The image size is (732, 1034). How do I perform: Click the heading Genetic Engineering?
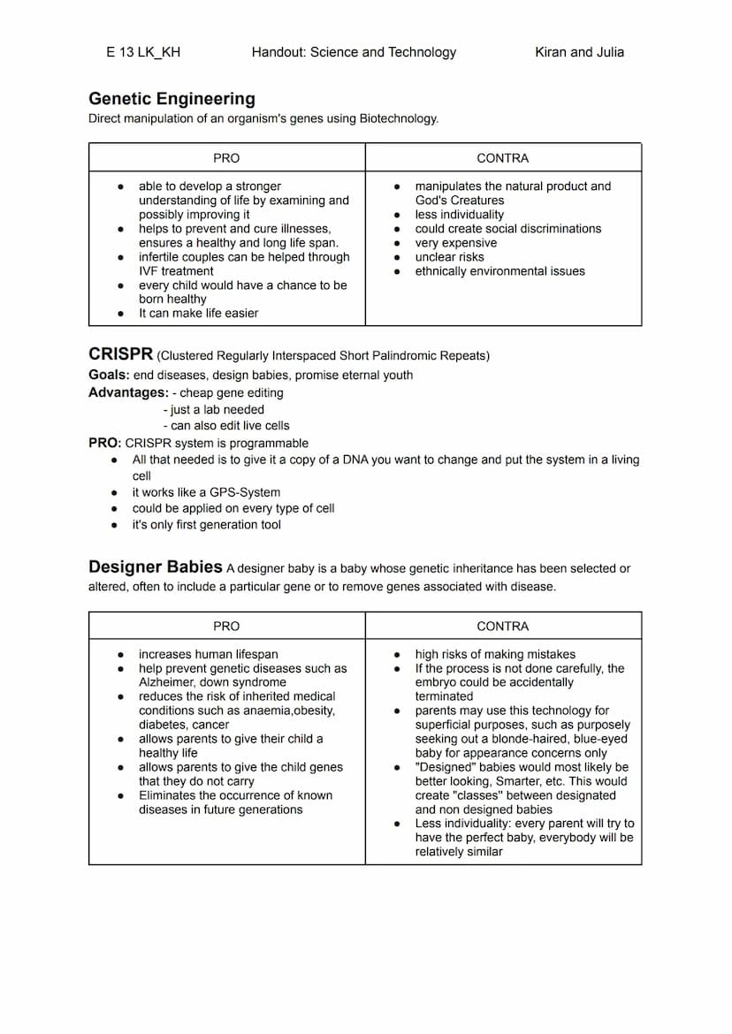point(172,99)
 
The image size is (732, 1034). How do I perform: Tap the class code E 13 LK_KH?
point(143,52)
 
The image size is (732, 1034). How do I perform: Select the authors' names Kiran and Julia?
point(579,52)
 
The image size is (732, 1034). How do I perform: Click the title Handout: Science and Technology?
point(354,52)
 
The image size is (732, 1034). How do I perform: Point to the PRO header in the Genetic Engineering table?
point(226,158)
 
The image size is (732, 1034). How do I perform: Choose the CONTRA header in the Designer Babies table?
point(502,626)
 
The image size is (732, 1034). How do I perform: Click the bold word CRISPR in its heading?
point(120,354)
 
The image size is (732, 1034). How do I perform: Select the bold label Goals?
point(109,375)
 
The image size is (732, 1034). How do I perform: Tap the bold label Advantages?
point(128,392)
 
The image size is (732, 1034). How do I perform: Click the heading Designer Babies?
point(155,566)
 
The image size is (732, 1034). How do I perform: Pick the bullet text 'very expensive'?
point(456,243)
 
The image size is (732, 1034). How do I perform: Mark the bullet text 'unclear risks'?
point(449,257)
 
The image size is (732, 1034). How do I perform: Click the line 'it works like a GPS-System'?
point(206,492)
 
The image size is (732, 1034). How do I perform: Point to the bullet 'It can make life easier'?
point(199,313)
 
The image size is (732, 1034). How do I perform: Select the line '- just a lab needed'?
point(214,409)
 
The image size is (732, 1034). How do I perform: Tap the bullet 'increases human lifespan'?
point(209,654)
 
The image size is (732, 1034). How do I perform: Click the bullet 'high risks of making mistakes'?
point(495,654)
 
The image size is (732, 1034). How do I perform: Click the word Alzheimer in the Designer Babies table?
point(167,682)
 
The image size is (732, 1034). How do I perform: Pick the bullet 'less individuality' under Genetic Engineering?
point(460,215)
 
